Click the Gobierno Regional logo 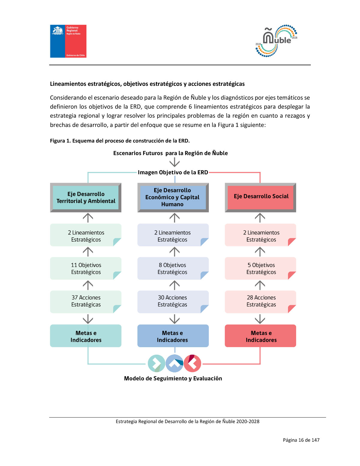point(68,41)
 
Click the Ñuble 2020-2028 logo point(276,41)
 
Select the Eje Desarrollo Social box point(260,197)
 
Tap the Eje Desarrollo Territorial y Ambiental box point(86,197)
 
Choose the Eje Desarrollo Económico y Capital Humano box point(172,197)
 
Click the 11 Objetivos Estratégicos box point(86,269)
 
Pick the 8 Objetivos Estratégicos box point(172,269)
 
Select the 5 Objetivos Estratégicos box point(260,269)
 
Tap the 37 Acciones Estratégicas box point(86,301)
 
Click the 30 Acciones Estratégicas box point(172,301)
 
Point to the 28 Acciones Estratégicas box point(260,301)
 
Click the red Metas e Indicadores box point(260,336)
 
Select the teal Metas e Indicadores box point(86,336)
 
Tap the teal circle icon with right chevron point(156,363)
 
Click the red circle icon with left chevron point(192,363)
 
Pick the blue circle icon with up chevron point(174,363)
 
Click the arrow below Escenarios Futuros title point(174,163)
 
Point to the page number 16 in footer point(301,440)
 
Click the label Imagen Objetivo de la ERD point(173,173)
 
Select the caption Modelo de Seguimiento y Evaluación point(173,379)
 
